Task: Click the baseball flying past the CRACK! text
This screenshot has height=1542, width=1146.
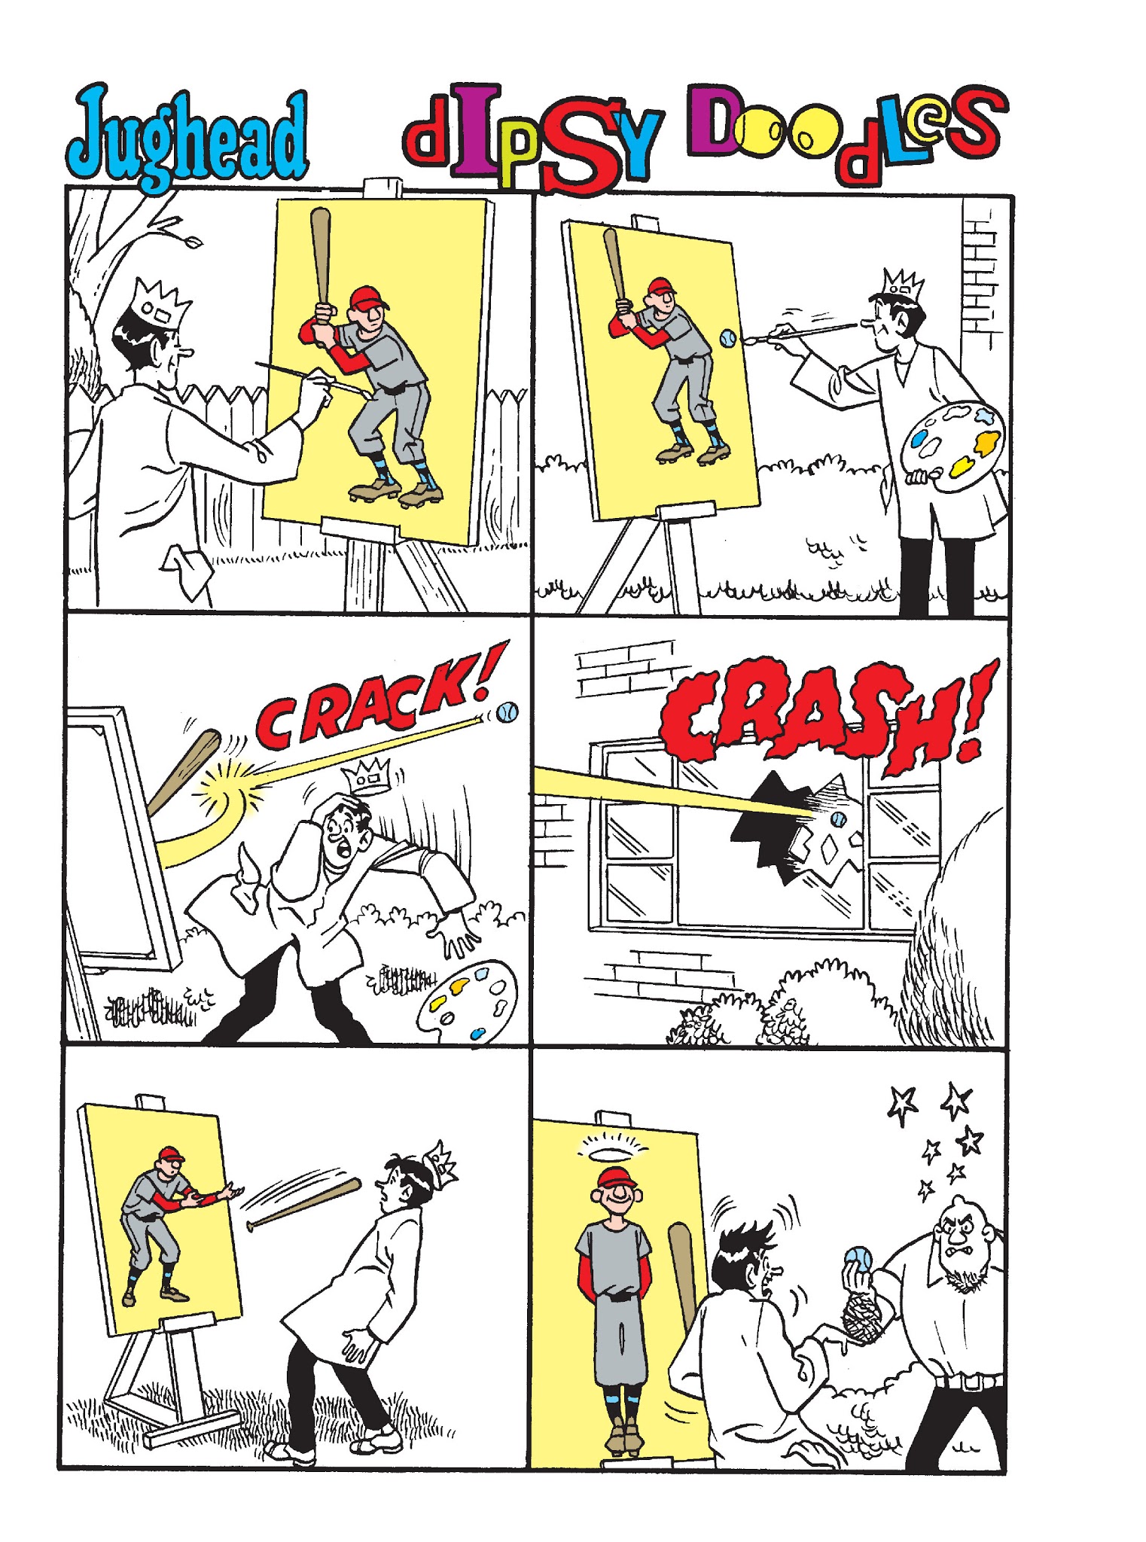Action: (507, 712)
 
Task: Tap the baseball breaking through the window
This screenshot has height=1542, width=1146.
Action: (838, 819)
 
